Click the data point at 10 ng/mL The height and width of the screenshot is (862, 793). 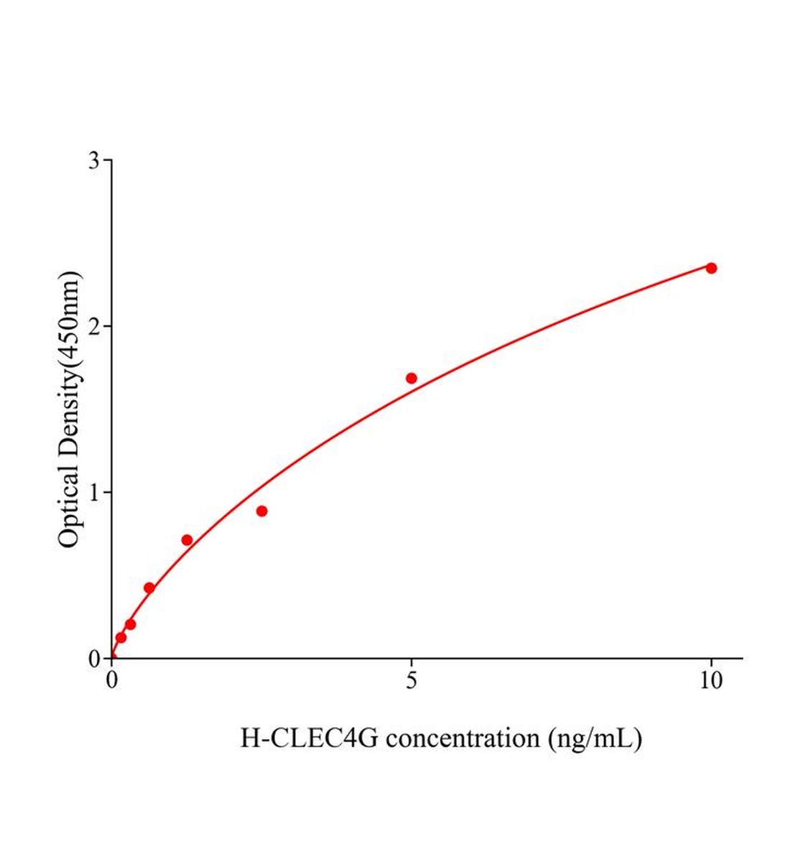coord(711,268)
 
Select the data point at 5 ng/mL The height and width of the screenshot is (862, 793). coord(412,379)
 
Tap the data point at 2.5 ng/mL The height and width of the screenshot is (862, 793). coord(261,511)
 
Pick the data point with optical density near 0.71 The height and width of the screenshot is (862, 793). coord(187,540)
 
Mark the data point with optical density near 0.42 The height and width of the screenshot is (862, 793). coord(149,588)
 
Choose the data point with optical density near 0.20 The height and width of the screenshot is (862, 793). coord(130,624)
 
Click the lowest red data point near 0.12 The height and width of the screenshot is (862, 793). coord(121,637)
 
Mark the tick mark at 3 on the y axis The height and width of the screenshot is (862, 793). coord(108,160)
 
